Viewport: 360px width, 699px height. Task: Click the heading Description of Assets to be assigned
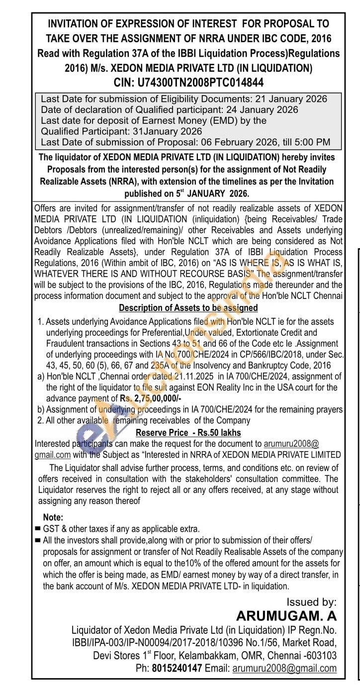tap(188, 308)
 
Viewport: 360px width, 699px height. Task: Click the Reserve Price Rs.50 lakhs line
tap(188, 432)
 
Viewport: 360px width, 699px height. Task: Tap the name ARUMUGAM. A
tap(286, 615)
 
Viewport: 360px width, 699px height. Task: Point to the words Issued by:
tap(312, 602)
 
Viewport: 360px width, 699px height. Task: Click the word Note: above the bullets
tap(53, 517)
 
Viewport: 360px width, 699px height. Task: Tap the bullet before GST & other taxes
tap(38, 529)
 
